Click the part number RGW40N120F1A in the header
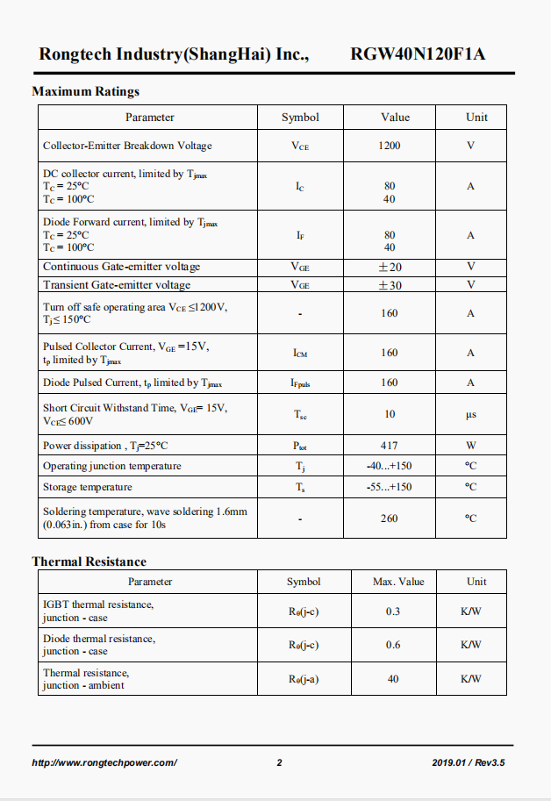(418, 54)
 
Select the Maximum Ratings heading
(85, 91)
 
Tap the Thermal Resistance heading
(89, 561)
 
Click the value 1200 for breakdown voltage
(389, 146)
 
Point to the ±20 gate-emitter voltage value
(389, 267)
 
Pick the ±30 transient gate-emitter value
(389, 285)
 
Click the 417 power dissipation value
(389, 446)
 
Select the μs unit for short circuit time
(471, 414)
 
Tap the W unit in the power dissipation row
(471, 446)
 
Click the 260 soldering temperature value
(389, 519)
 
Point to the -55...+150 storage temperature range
(389, 487)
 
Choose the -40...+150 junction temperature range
(389, 466)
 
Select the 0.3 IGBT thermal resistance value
(392, 611)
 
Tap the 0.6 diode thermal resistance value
(392, 645)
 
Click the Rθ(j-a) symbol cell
(304, 679)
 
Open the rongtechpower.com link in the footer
(104, 762)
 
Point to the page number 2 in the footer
(279, 762)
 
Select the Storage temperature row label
(88, 487)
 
